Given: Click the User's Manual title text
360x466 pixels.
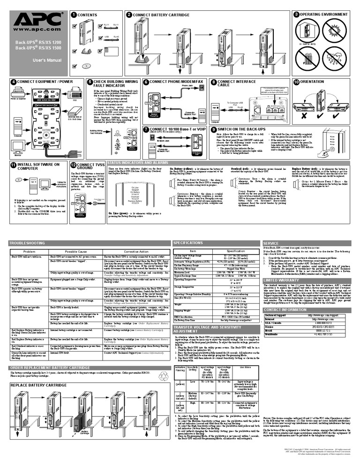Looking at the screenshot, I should pyautogui.click(x=30, y=61).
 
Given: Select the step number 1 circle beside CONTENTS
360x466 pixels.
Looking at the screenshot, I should pyautogui.click(x=74, y=15).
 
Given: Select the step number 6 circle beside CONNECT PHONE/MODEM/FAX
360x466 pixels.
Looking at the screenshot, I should pyautogui.click(x=146, y=82).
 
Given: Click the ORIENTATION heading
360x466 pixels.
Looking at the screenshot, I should pyautogui.click(x=312, y=82).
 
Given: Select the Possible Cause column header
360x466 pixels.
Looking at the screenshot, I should pyautogui.click(x=75, y=252).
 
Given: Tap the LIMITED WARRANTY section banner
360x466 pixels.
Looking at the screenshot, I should pyautogui.click(x=282, y=280).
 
